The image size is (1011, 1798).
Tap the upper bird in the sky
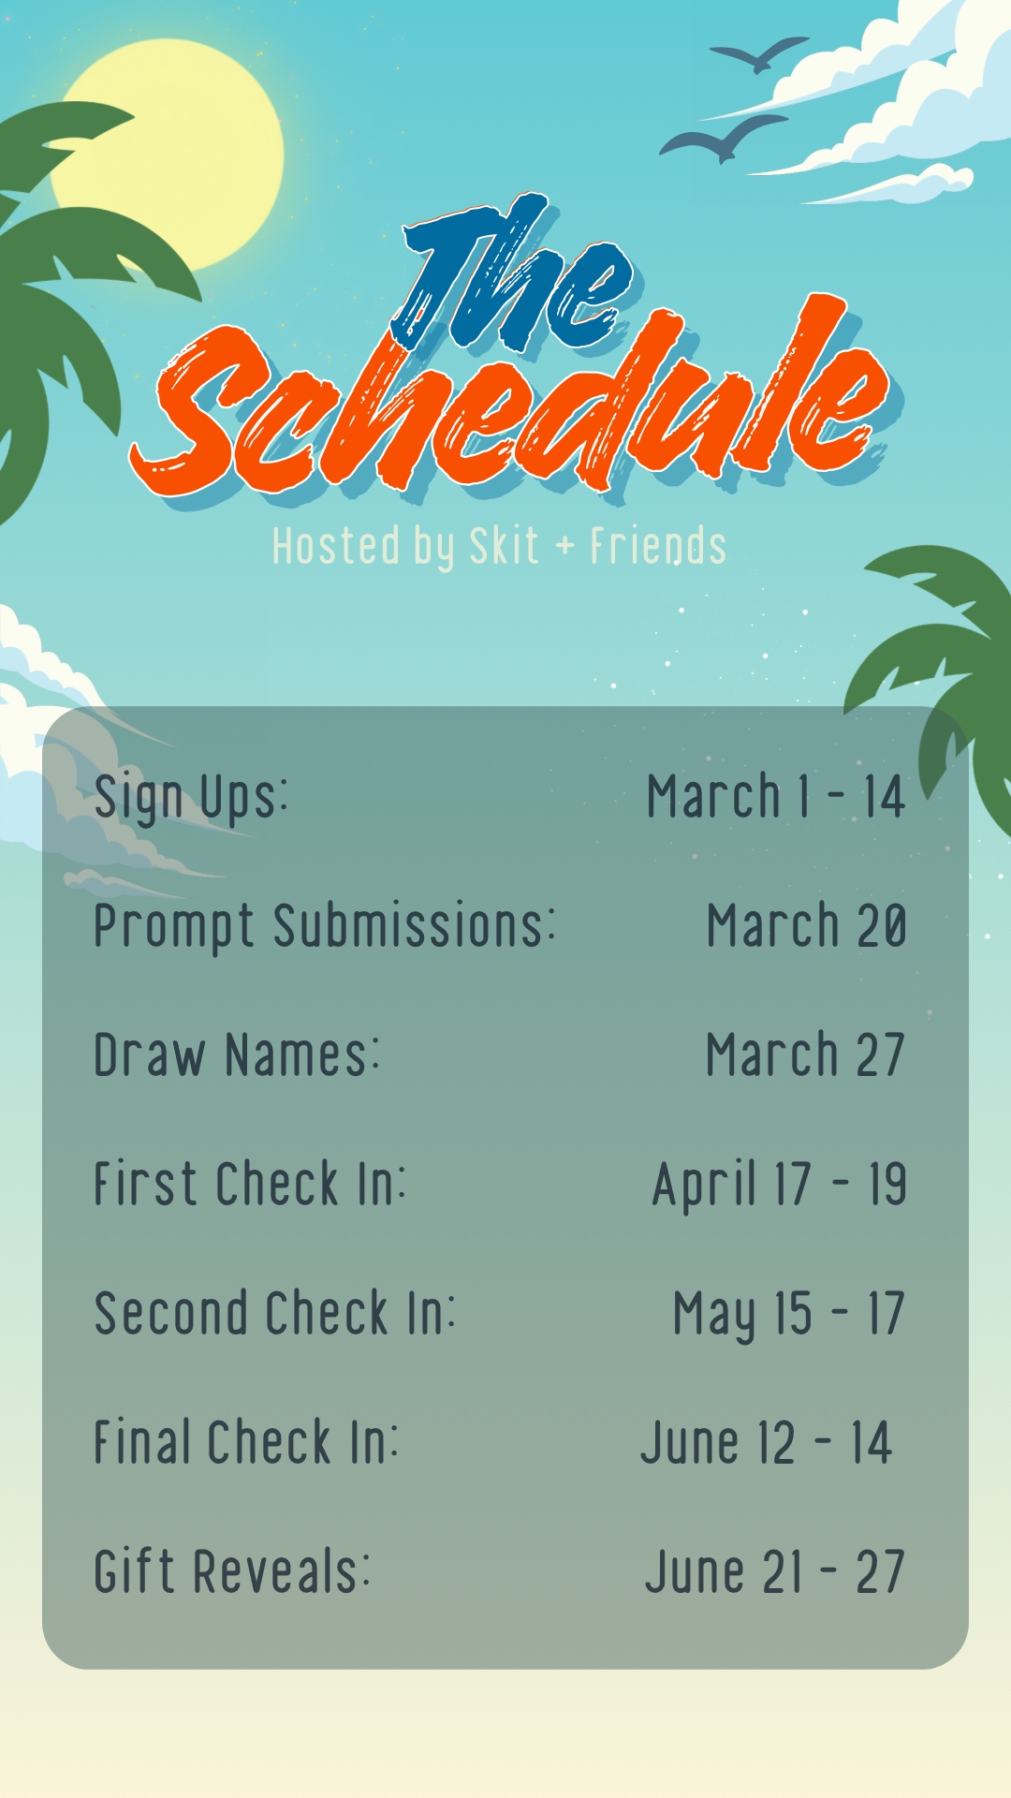(x=759, y=54)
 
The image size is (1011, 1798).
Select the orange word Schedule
(x=510, y=403)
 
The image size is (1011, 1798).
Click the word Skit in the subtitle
(x=504, y=546)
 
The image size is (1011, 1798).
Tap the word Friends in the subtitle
(x=658, y=546)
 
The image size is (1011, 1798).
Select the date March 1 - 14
(x=776, y=796)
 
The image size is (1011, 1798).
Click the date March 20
(x=807, y=925)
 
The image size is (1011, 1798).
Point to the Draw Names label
(x=237, y=1054)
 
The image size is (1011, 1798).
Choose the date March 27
(x=805, y=1054)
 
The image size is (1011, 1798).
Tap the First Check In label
(x=250, y=1183)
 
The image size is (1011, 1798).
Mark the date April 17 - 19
(x=780, y=1185)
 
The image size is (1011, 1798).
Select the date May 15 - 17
(x=789, y=1314)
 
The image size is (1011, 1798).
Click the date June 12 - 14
(x=767, y=1442)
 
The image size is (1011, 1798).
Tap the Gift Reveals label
(x=232, y=1571)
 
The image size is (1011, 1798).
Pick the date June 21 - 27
(x=775, y=1571)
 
